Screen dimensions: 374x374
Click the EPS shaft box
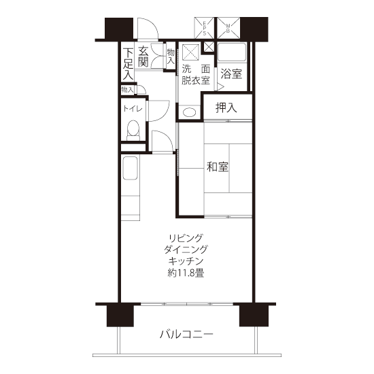pos(204,28)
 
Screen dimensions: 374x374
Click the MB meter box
pos(228,28)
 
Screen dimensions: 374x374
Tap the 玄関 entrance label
pos(143,56)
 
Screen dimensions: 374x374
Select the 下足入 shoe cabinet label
pos(128,64)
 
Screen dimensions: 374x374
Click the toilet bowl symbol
pos(133,131)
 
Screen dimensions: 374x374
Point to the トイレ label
pos(133,109)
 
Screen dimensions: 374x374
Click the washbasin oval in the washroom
pos(190,112)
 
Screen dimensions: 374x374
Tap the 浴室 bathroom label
pos(231,73)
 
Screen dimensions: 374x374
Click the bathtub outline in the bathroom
pos(232,52)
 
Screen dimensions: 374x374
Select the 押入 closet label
pos(226,107)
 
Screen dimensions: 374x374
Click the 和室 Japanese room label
pos(218,167)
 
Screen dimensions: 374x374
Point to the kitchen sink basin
pos(131,168)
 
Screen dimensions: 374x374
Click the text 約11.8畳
pos(186,273)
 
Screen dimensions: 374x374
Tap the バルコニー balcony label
pos(186,334)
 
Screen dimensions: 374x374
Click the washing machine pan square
pos(190,52)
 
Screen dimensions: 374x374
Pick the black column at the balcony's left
pos(120,316)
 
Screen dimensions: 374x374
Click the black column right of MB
pos(254,29)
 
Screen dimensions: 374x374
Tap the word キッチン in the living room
pos(186,261)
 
